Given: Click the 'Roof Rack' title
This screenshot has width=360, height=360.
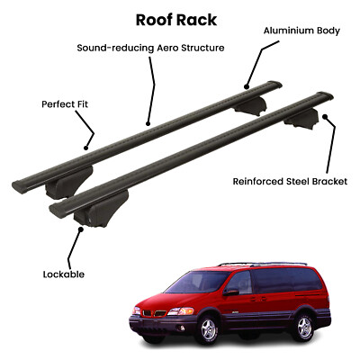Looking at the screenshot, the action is point(176,20).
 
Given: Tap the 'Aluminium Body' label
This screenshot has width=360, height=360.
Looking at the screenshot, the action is point(301,31).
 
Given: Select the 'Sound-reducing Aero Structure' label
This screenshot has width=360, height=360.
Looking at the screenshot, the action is point(150,48).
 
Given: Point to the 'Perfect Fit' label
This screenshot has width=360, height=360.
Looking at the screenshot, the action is point(65,104).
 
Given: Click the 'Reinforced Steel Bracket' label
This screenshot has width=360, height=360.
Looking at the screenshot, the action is point(290,182).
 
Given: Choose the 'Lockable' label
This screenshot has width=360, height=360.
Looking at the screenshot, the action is point(64,274).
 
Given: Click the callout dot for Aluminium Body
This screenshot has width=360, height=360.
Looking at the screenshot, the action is point(247,87).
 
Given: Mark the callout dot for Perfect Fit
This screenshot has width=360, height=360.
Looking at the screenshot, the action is point(85,148).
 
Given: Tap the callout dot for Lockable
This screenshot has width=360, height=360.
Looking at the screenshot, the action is point(80,229).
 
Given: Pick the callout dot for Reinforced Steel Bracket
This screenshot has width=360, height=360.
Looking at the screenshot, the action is point(324,116).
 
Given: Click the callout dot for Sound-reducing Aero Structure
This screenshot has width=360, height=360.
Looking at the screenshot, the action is point(148,123).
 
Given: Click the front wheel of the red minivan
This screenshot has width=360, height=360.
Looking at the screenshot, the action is point(207,329).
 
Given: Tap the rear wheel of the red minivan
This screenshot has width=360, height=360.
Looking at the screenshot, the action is point(304,327).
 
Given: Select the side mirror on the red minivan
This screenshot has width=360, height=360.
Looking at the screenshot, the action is point(231,292).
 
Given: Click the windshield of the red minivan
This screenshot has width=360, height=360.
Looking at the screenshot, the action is point(197,282).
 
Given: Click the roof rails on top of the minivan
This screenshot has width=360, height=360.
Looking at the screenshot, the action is point(263,265).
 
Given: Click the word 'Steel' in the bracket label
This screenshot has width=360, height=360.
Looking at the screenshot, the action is point(296,182).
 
